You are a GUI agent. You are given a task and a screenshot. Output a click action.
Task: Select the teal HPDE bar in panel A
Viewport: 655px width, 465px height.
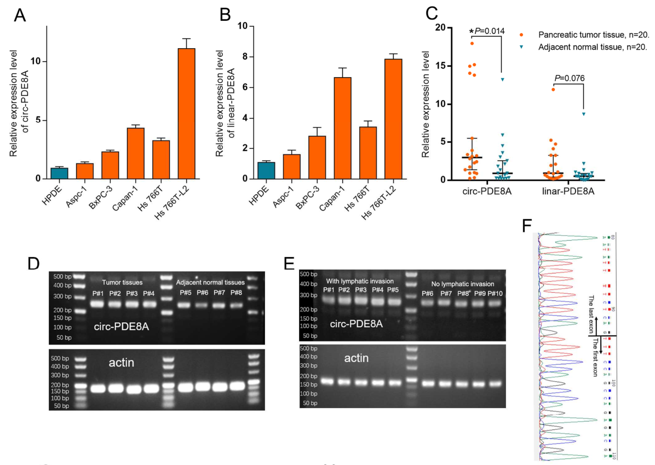[59, 173]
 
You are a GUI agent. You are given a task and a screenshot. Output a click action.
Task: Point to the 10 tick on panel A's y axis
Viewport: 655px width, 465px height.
[39, 61]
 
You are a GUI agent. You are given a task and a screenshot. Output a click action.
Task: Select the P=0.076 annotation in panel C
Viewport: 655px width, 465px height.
[570, 78]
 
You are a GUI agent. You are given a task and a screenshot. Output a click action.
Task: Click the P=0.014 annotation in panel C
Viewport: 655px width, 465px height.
[489, 32]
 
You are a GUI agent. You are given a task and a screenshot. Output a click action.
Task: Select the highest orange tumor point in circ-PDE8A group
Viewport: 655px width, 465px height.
[471, 43]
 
